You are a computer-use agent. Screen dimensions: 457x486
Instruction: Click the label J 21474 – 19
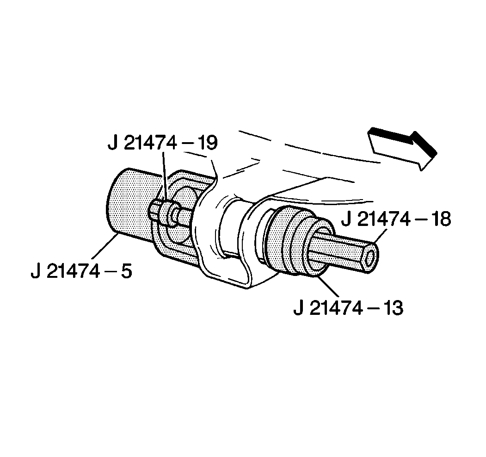pos(162,143)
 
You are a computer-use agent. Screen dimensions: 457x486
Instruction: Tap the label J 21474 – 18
pos(396,219)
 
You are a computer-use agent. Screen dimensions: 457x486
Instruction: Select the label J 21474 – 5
pos(81,271)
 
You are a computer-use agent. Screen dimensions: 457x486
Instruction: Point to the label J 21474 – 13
pos(348,307)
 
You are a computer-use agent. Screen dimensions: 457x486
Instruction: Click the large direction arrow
pos(400,147)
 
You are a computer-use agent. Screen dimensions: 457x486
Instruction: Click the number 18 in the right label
pos(438,219)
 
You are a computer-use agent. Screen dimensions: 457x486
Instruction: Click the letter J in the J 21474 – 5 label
pos(36,271)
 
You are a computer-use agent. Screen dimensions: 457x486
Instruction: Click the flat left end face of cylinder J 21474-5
pos(115,204)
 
